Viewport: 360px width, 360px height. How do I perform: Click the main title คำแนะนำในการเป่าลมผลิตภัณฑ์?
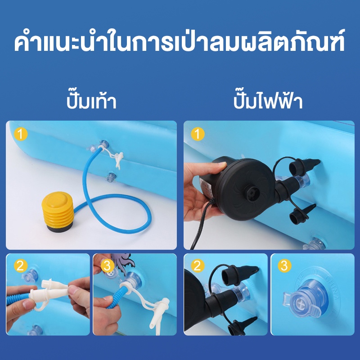(x=180, y=42)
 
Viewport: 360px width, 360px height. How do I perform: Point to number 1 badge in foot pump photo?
(x=21, y=134)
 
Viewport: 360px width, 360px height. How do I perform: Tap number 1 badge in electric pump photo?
(x=198, y=134)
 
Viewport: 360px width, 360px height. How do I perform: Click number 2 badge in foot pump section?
(x=21, y=265)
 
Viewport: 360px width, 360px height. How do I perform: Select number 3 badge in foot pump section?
(x=108, y=265)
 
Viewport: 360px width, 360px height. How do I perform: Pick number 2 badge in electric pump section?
(x=198, y=265)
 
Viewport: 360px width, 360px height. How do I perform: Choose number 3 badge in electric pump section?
(x=284, y=265)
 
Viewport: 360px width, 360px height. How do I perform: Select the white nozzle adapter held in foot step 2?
(x=52, y=292)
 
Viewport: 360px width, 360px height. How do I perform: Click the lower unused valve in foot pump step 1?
(x=111, y=176)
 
